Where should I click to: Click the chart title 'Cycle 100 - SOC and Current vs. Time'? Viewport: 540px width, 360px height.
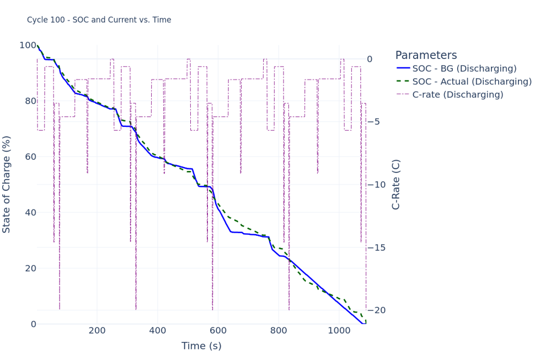[x=99, y=20]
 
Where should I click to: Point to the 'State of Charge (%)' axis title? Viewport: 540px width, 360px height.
[x=7, y=184]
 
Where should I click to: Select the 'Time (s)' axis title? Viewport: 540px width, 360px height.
[x=201, y=346]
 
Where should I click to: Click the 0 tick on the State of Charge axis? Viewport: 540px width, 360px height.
[x=33, y=324]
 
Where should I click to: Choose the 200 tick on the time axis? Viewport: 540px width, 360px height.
[x=97, y=331]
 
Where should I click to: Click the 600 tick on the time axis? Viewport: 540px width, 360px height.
[x=218, y=331]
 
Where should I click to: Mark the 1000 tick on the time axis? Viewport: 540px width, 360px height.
[x=339, y=331]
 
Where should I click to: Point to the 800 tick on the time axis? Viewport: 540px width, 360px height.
[x=279, y=331]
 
